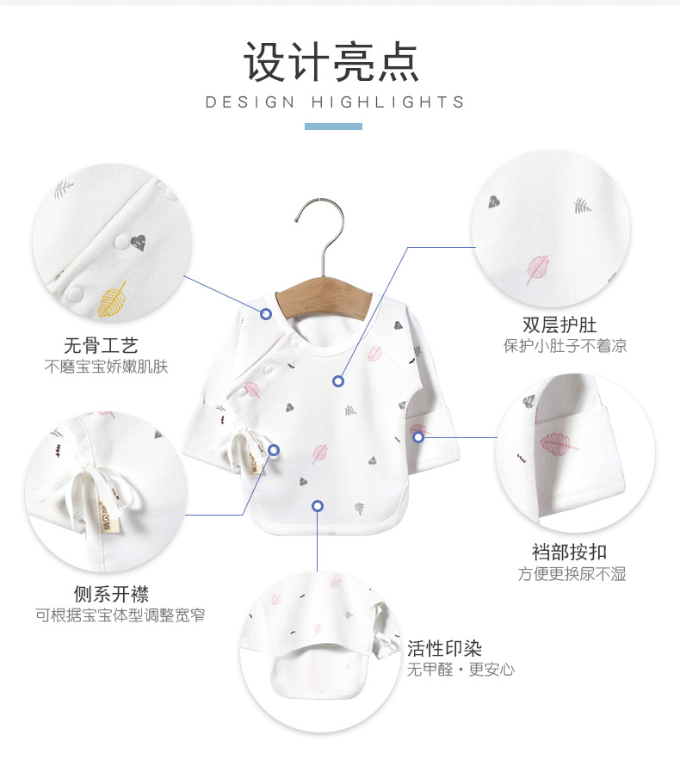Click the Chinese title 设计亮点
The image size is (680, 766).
332,61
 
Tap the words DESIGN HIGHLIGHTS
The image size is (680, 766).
335,102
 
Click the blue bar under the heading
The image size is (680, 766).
333,127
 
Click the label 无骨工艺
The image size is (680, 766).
101,346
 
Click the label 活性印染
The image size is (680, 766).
444,648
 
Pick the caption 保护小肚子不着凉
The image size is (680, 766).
565,346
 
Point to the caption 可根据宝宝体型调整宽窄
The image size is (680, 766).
120,615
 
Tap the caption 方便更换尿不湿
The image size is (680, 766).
572,573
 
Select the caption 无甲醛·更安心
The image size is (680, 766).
461,669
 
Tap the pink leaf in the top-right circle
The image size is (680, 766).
539,268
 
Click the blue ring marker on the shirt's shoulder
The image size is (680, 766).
266,313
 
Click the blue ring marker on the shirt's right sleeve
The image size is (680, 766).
418,437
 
